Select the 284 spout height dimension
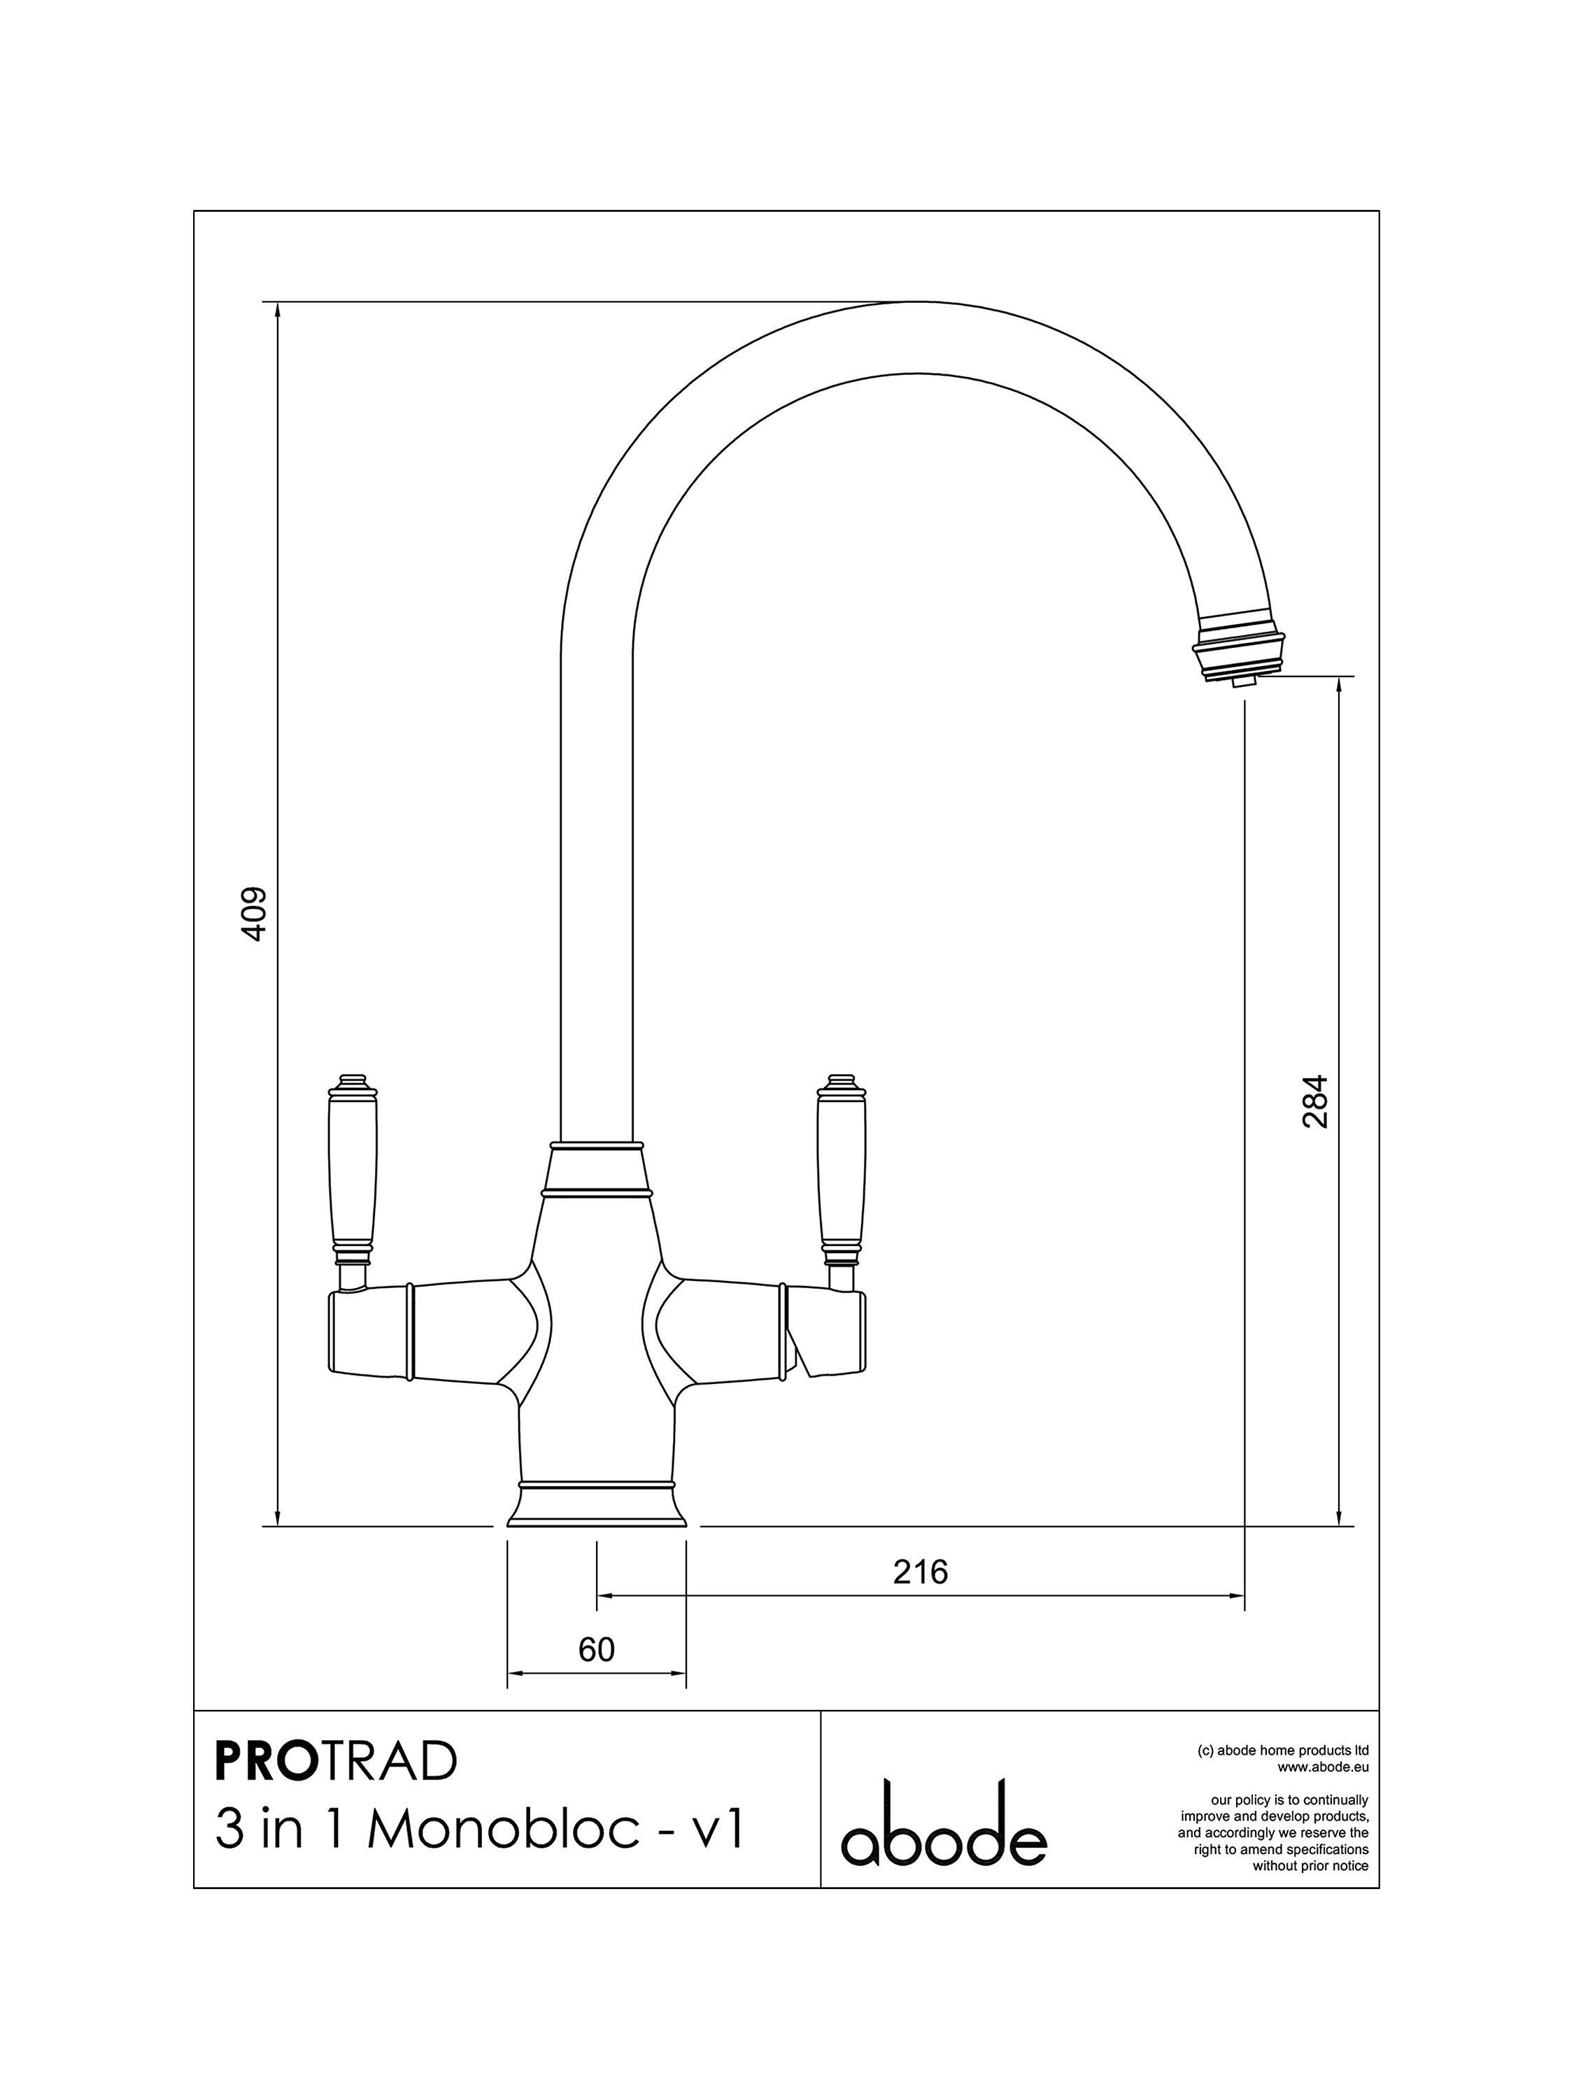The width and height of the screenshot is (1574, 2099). point(1315,1101)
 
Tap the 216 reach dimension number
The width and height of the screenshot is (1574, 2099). point(921,1572)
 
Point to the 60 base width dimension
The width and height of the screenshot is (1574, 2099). point(597,1650)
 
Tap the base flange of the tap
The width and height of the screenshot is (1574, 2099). point(596,1508)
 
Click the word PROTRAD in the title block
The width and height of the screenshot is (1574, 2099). point(336,1762)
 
